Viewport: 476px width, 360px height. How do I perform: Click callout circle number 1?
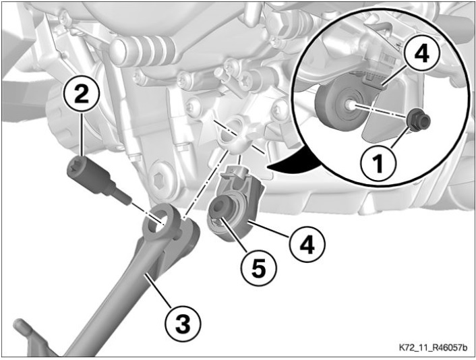click(378, 164)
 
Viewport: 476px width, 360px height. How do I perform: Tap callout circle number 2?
click(82, 94)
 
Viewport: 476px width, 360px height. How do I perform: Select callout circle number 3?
click(183, 324)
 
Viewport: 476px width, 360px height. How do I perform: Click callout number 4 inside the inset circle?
click(421, 55)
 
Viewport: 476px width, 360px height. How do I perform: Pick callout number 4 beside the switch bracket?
click(307, 244)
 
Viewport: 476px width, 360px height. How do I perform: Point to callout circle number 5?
click(259, 268)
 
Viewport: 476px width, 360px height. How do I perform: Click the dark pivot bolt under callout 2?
click(98, 180)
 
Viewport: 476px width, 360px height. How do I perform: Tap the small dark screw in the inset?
click(419, 120)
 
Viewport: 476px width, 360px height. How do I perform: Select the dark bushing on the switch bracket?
click(221, 208)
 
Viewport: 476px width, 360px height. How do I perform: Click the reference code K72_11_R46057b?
click(433, 347)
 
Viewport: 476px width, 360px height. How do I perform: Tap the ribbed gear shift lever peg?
click(143, 49)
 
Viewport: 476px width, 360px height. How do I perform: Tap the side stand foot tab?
click(26, 333)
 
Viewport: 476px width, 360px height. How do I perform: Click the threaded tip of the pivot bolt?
click(123, 197)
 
